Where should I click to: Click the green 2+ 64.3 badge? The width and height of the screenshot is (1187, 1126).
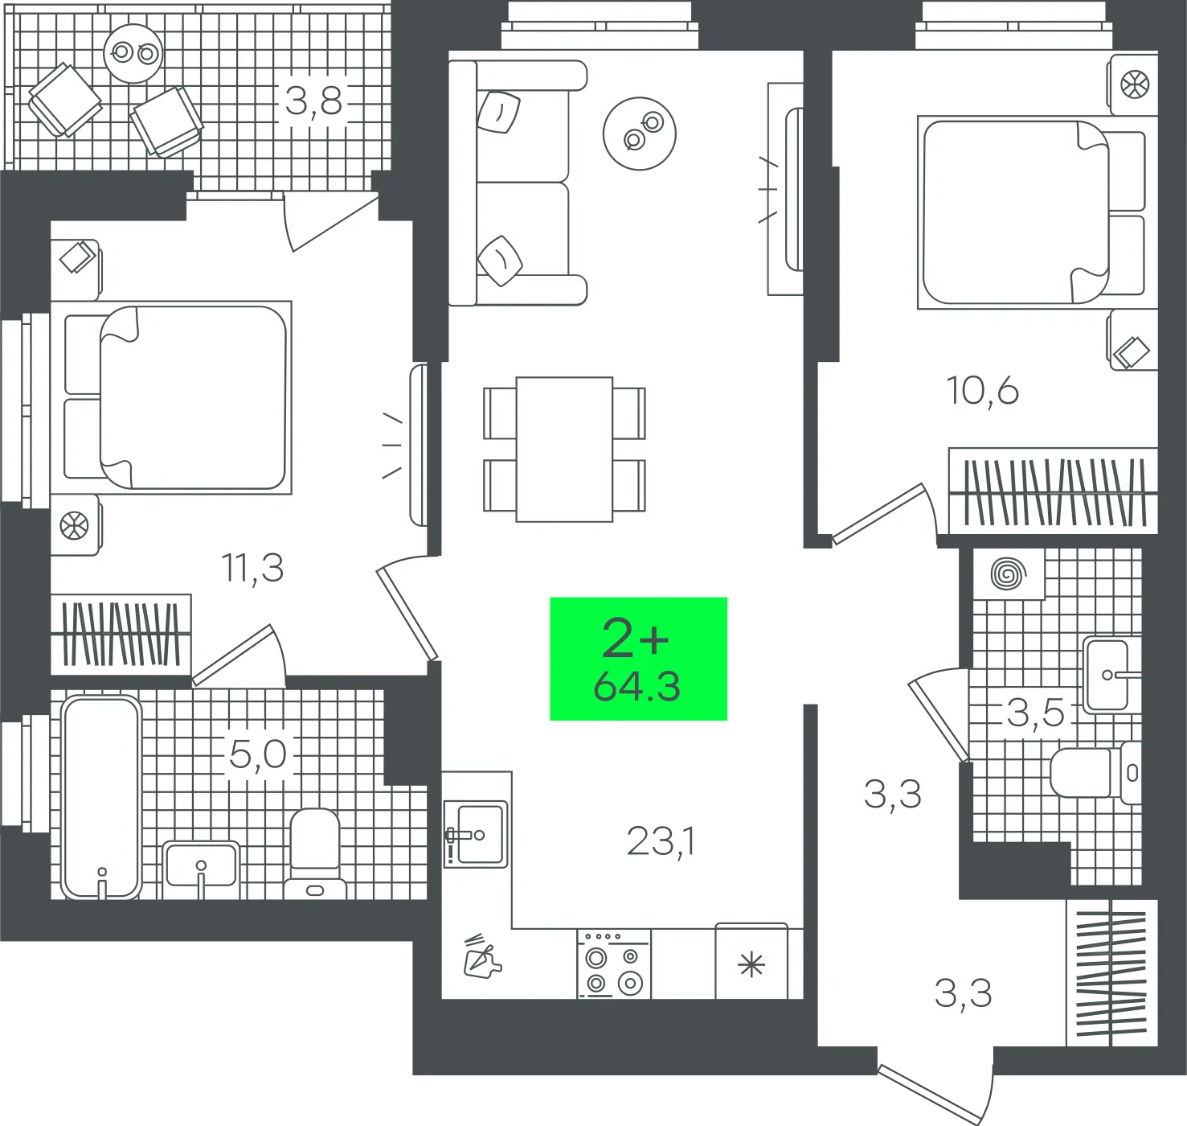tap(638, 659)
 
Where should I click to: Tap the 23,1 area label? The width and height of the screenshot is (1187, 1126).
tap(661, 841)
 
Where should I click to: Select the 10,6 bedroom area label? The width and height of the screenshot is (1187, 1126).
tap(982, 390)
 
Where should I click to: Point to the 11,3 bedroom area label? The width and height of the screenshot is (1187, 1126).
tap(253, 568)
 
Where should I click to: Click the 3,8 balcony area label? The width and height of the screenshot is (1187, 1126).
tap(313, 101)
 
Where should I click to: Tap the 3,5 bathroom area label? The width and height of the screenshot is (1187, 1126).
tap(1035, 713)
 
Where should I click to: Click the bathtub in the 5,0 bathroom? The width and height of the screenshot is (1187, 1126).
tap(101, 796)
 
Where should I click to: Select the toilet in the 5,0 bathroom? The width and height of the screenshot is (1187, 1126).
tap(315, 854)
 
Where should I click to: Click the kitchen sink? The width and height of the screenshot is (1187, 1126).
tap(476, 835)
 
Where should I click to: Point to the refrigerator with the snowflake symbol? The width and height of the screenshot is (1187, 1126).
tap(751, 961)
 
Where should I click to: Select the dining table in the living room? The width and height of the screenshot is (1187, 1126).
tap(564, 449)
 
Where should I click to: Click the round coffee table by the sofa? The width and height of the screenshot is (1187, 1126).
tap(640, 134)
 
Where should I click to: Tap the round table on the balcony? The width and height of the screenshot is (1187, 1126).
tap(133, 53)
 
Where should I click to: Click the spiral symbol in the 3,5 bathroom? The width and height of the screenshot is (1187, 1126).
tap(1009, 574)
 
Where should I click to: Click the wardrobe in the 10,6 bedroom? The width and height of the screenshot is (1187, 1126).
tap(1054, 491)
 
